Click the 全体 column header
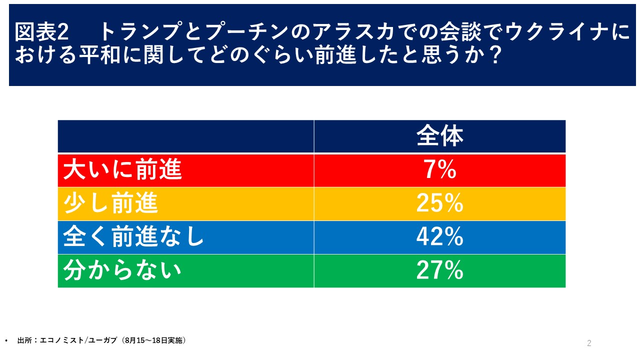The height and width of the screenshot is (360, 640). pyautogui.click(x=439, y=136)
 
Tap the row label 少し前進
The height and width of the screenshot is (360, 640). pyautogui.click(x=110, y=204)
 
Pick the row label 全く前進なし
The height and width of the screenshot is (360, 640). pyautogui.click(x=133, y=237)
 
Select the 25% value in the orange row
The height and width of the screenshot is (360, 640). pyautogui.click(x=439, y=204)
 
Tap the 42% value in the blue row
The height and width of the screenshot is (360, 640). pyautogui.click(x=439, y=237)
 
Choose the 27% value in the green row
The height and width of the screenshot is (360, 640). pyautogui.click(x=439, y=271)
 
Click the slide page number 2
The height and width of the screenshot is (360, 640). pyautogui.click(x=589, y=343)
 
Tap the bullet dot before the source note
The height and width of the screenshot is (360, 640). pyautogui.click(x=5, y=341)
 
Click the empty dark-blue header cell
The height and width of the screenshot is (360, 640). pyautogui.click(x=185, y=136)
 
